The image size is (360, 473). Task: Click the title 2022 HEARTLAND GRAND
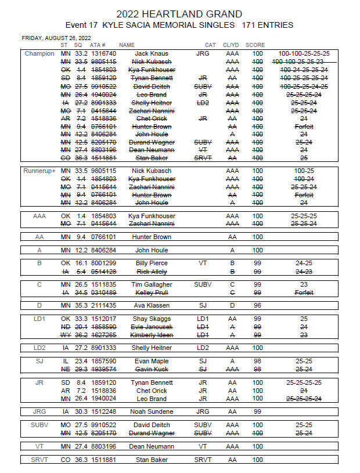tap(179, 14)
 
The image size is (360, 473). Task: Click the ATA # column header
tap(98, 45)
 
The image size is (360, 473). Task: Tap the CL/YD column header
tap(231, 45)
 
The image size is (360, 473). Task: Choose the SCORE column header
tap(255, 45)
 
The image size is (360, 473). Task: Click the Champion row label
tap(39, 54)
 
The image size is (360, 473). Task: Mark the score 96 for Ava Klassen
tap(257, 305)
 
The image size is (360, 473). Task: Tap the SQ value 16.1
tap(78, 263)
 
